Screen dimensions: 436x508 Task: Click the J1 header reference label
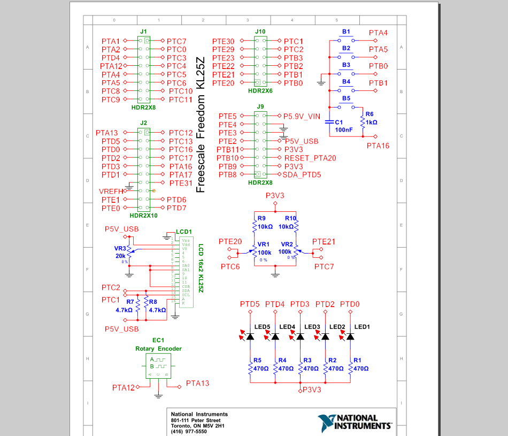click(143, 32)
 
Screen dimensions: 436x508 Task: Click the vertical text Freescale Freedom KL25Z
click(201, 125)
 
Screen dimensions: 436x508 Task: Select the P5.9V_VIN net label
click(302, 116)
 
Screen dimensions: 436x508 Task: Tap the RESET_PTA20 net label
click(310, 158)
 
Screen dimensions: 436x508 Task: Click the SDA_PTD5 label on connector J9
click(302, 174)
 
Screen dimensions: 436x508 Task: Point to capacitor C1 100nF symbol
click(330, 121)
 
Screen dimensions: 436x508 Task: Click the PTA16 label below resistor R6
click(378, 145)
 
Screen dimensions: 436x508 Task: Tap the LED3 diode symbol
click(300, 336)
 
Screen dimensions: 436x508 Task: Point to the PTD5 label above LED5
click(250, 304)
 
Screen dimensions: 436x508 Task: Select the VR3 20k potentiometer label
click(120, 252)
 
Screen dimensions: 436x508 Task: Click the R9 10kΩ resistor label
click(265, 222)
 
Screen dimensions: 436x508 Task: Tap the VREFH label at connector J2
click(111, 191)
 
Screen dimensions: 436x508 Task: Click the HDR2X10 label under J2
click(143, 215)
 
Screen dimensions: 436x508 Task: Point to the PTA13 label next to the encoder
click(197, 383)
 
